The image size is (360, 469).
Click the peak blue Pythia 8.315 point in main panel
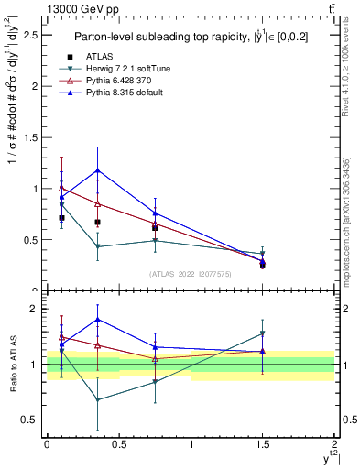(x=97, y=169)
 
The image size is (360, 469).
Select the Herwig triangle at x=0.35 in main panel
(x=97, y=246)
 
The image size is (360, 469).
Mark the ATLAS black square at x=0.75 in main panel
(x=155, y=227)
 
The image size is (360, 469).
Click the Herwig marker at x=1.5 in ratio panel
(x=263, y=333)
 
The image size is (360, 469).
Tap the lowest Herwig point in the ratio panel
(x=97, y=399)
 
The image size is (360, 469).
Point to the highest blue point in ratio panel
(x=97, y=320)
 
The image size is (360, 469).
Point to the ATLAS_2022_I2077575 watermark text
(x=191, y=273)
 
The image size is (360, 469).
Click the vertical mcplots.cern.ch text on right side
(x=348, y=220)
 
